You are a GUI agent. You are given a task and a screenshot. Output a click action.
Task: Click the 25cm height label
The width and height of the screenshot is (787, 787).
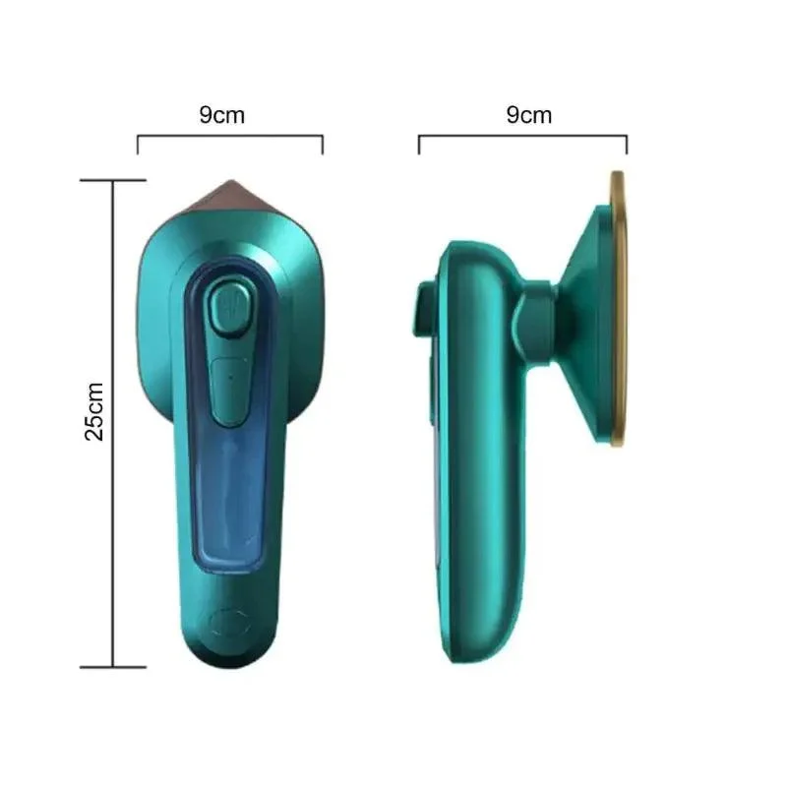(93, 411)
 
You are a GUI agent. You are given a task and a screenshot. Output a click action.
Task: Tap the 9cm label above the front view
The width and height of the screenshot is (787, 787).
(222, 115)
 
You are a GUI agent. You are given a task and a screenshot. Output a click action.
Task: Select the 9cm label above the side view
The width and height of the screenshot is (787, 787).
(529, 115)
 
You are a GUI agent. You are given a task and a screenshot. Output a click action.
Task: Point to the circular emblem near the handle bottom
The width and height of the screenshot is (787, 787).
(230, 624)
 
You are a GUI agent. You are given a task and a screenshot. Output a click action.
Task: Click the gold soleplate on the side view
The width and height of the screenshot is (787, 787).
(619, 309)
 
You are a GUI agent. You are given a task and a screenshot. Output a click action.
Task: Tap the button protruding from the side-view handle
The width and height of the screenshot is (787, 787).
(427, 306)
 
